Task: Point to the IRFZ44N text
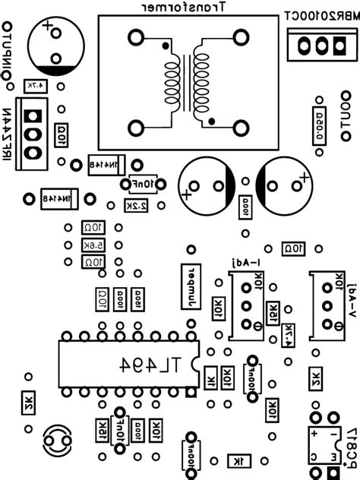point(7,134)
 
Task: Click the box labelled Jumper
point(187,288)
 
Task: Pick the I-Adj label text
point(246,262)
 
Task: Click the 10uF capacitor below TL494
point(118,430)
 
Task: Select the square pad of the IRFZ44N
point(32,115)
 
